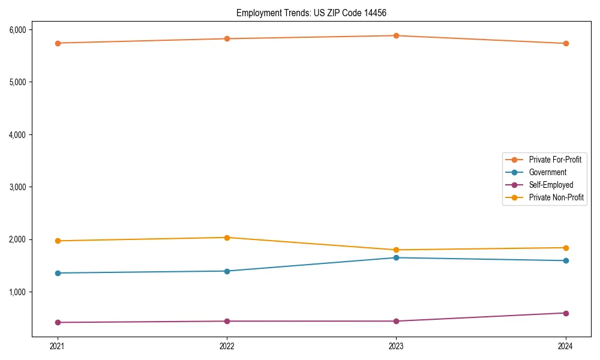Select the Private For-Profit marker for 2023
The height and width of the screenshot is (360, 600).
click(x=397, y=35)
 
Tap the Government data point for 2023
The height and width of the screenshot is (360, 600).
click(x=397, y=257)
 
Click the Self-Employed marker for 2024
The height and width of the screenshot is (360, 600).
click(x=566, y=313)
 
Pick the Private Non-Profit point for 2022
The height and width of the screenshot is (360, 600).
click(x=227, y=238)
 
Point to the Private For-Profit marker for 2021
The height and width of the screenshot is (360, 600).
click(x=58, y=43)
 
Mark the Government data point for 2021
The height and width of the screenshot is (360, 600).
click(x=58, y=273)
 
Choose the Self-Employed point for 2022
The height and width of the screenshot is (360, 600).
click(x=227, y=321)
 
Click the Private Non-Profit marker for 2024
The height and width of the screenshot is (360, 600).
click(x=566, y=248)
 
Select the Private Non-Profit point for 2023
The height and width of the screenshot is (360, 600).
click(x=397, y=250)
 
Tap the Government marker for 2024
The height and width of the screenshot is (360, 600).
click(x=566, y=260)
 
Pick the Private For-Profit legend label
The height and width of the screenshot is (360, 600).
click(x=554, y=160)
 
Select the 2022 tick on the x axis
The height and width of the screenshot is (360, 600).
click(x=227, y=346)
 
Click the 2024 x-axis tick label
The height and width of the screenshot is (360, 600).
click(x=566, y=346)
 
